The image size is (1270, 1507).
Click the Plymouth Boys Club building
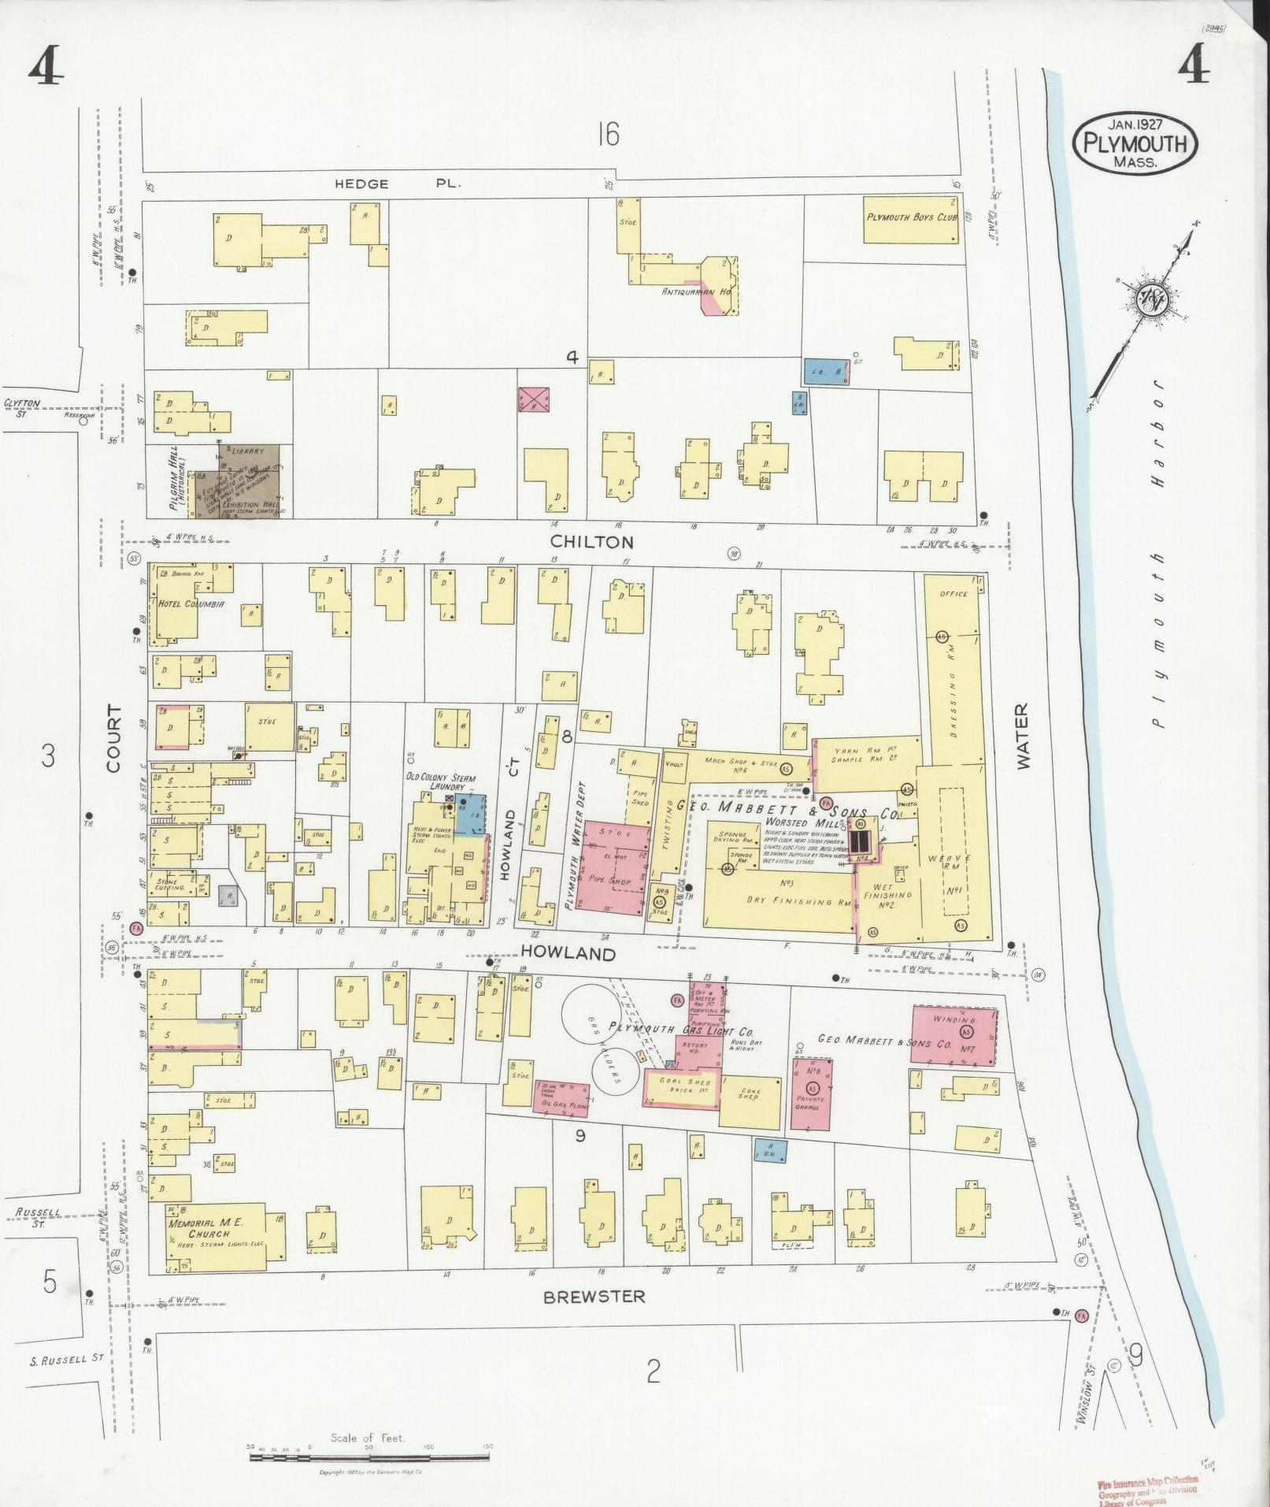(911, 217)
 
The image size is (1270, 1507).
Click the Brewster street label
(594, 1297)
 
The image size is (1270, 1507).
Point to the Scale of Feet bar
(369, 1457)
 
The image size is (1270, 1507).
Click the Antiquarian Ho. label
(698, 291)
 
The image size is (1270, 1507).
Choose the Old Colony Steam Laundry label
(440, 782)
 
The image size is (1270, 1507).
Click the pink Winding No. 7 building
(953, 1035)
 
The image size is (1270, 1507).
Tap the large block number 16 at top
(608, 135)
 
